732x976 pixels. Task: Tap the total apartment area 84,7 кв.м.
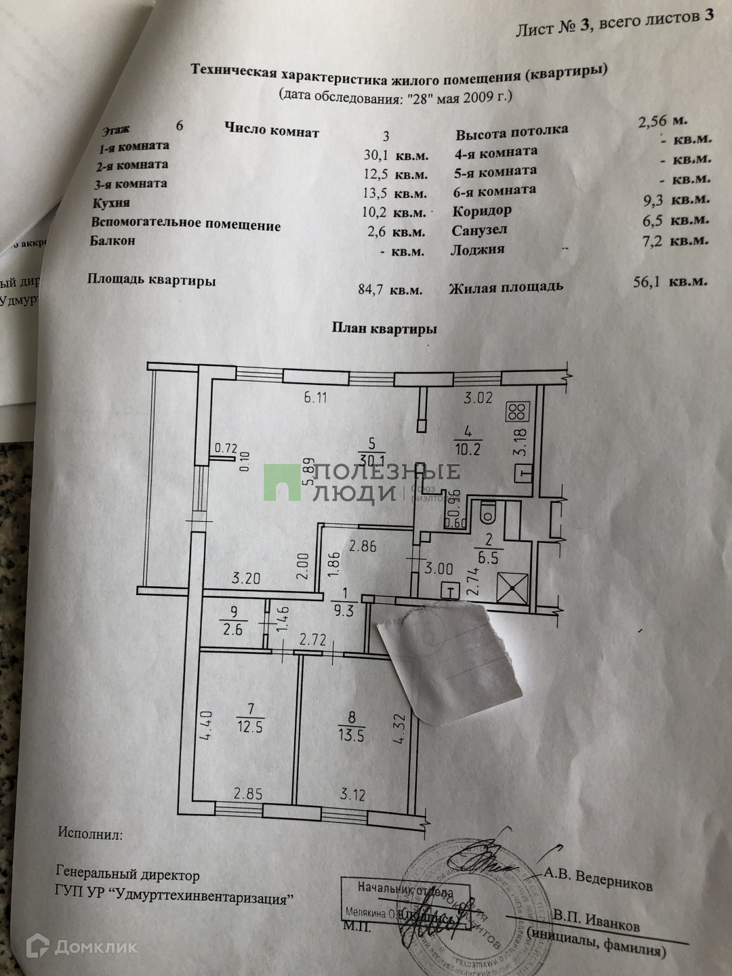click(x=390, y=289)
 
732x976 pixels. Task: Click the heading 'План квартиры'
click(x=384, y=329)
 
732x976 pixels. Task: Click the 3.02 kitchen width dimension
click(x=477, y=398)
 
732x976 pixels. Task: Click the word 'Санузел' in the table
click(x=479, y=230)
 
